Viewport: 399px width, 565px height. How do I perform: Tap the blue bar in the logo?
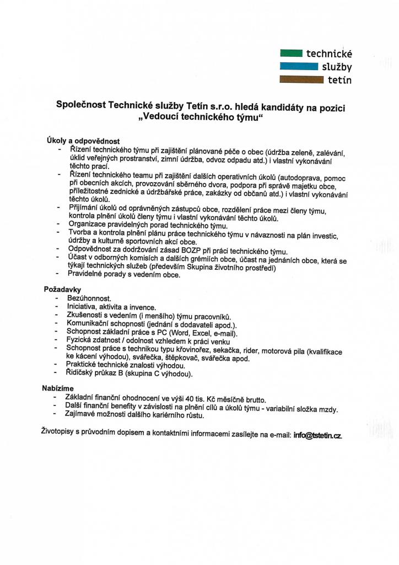tap(299, 66)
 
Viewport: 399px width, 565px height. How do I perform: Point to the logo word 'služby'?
tap(337, 67)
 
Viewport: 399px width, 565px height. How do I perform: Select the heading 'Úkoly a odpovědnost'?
tap(83, 141)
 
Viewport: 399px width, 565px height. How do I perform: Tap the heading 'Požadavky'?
tap(63, 289)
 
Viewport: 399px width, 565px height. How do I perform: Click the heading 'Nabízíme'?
tap(58, 388)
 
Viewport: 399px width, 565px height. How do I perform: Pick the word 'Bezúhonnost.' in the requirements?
tap(89, 298)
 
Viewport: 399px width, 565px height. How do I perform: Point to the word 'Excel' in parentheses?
tap(201, 333)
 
